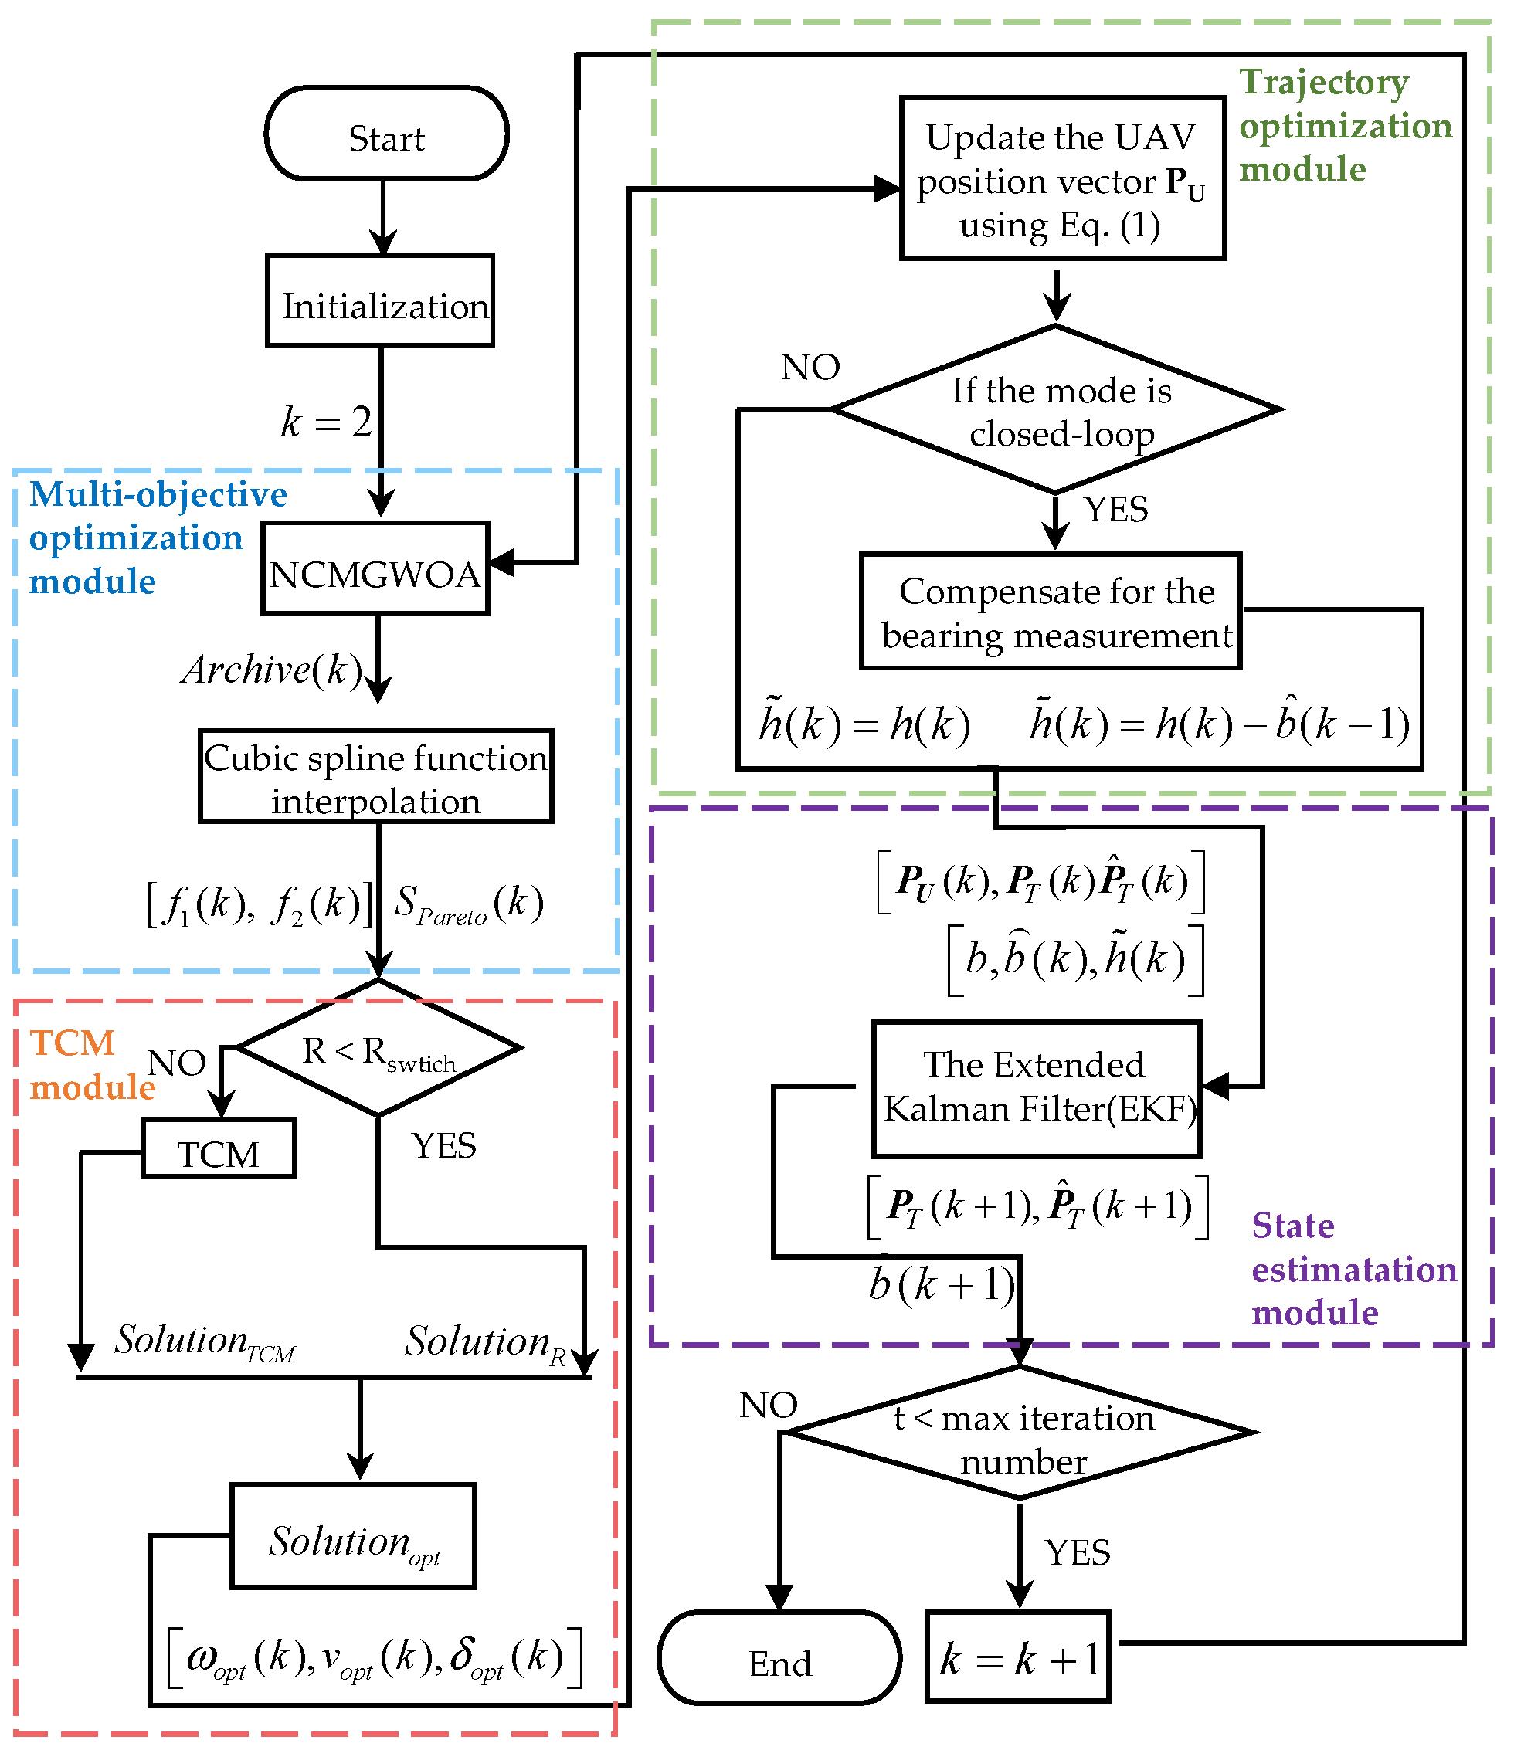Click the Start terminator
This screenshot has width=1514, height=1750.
click(x=386, y=134)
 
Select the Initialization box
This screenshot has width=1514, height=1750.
click(x=380, y=301)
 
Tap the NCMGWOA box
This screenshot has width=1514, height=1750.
click(x=375, y=569)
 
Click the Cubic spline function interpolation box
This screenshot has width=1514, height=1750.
click(x=376, y=777)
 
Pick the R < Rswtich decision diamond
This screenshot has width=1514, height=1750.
click(x=378, y=1049)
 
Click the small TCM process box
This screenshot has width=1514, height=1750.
click(x=219, y=1149)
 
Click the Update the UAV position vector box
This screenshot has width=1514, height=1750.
click(x=1062, y=179)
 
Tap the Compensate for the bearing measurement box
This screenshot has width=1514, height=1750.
click(x=1051, y=612)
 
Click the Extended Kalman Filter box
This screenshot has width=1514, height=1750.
click(x=1037, y=1090)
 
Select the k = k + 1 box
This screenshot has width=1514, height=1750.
click(x=1018, y=1658)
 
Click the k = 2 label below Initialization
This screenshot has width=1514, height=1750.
click(x=326, y=422)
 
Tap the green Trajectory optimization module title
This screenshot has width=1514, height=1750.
click(x=1343, y=125)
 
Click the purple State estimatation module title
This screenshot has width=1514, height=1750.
click(x=1353, y=1269)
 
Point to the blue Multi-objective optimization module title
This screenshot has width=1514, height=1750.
click(x=156, y=538)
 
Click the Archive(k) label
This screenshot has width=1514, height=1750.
click(x=271, y=670)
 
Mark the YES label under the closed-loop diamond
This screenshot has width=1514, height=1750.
click(x=1115, y=509)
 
